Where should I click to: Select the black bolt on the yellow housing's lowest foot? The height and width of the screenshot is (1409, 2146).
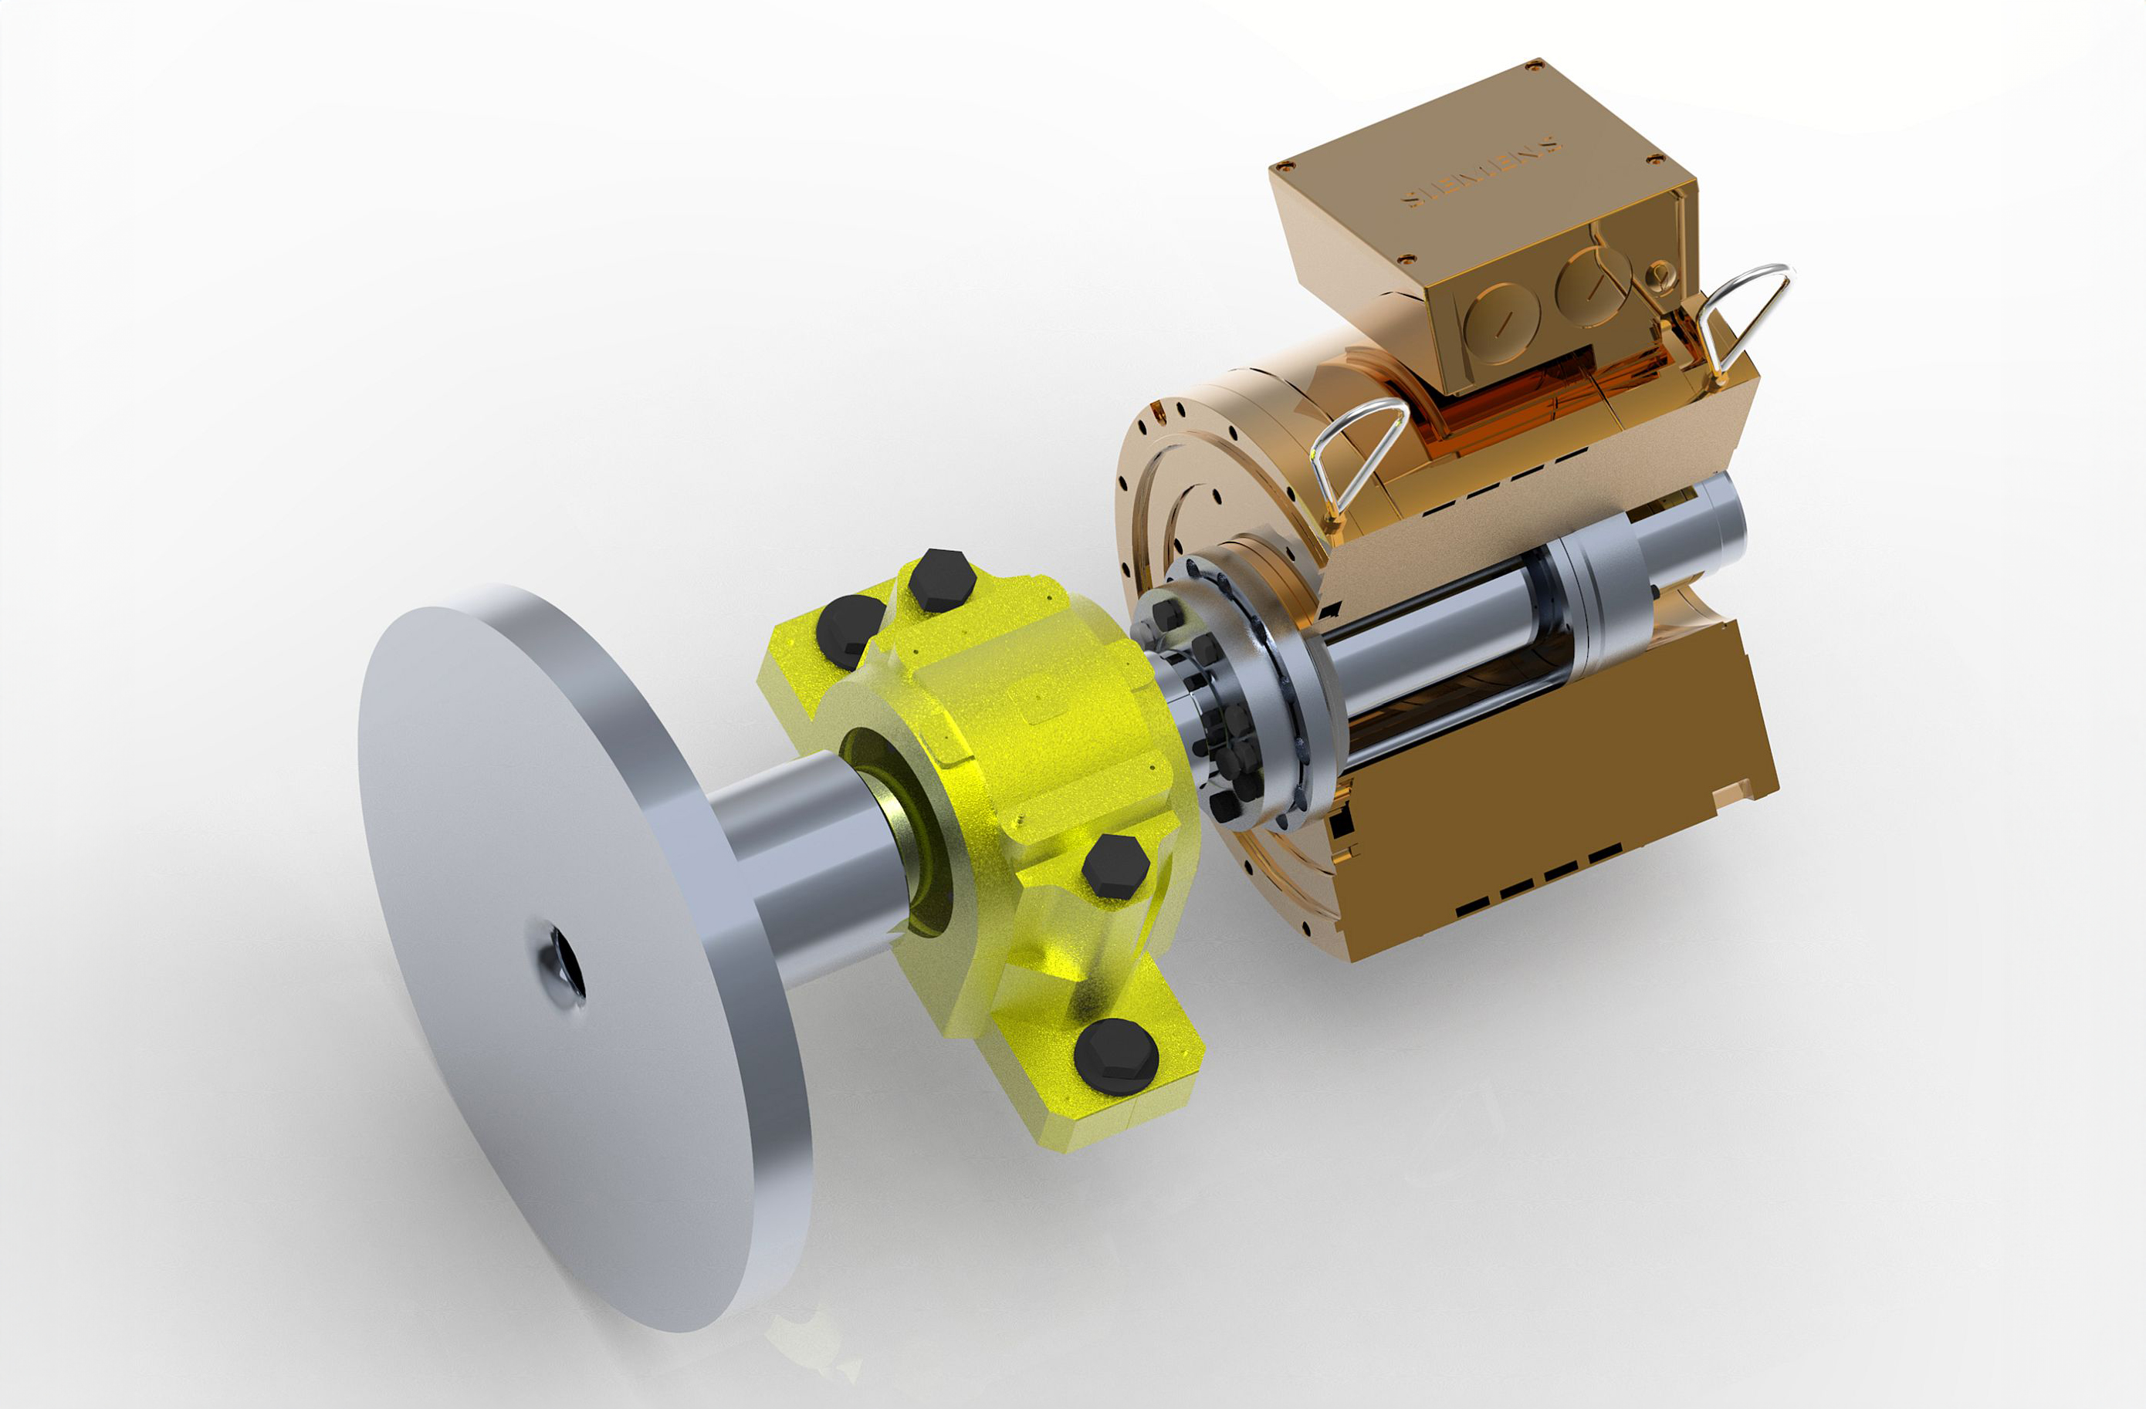pyautogui.click(x=1116, y=1056)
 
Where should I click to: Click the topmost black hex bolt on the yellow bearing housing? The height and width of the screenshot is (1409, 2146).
pyautogui.click(x=941, y=579)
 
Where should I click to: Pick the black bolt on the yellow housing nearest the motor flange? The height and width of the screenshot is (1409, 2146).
pyautogui.click(x=1115, y=867)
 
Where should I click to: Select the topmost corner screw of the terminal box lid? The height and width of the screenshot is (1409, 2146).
pyautogui.click(x=1534, y=64)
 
